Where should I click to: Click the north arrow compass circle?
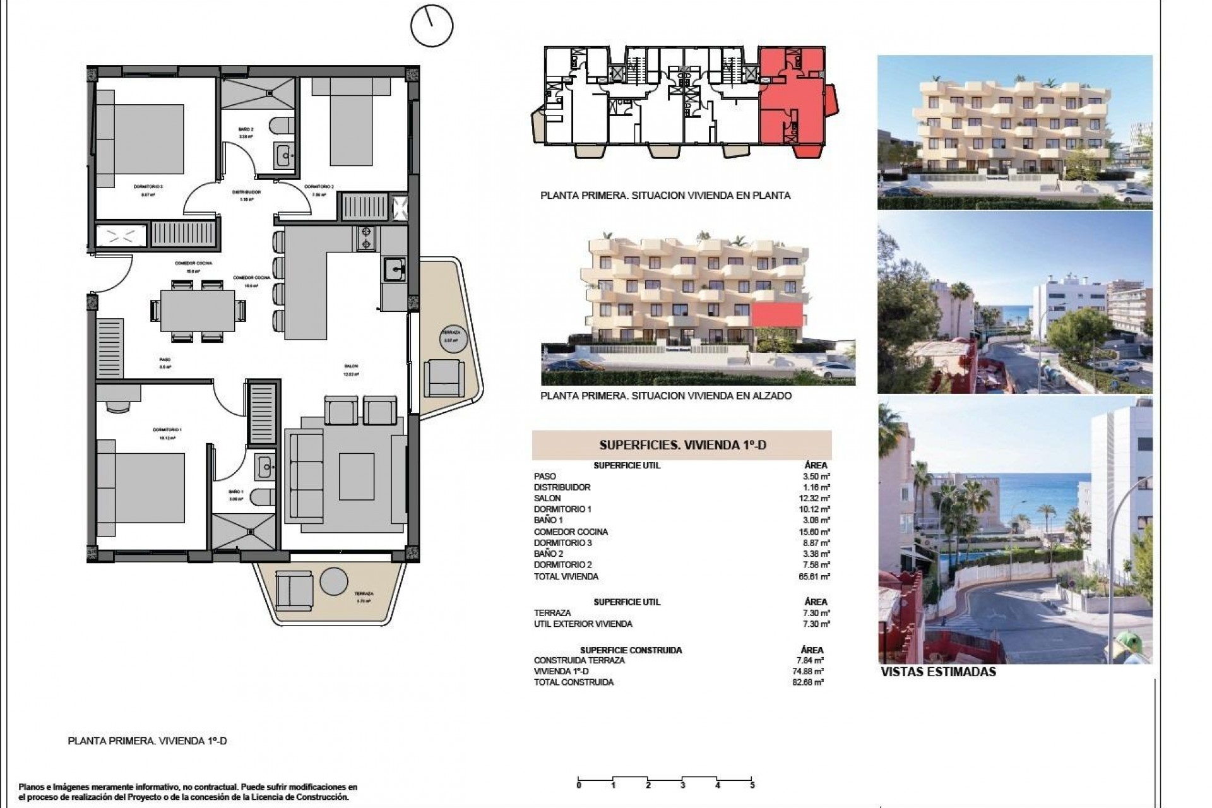pyautogui.click(x=432, y=26)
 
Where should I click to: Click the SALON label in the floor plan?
pyautogui.click(x=351, y=369)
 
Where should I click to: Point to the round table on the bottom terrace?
pyautogui.click(x=334, y=580)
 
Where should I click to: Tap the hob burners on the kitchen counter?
pyautogui.click(x=365, y=239)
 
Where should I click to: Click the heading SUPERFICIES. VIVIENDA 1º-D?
pyautogui.click(x=682, y=445)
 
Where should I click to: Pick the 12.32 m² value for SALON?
pyautogui.click(x=816, y=498)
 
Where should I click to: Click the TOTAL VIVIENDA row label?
pyautogui.click(x=566, y=576)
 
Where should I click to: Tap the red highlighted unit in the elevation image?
pyautogui.click(x=776, y=314)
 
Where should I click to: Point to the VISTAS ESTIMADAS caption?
pyautogui.click(x=938, y=672)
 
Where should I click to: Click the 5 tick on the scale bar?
pyautogui.click(x=752, y=785)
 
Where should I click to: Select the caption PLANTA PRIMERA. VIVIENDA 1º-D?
pyautogui.click(x=147, y=741)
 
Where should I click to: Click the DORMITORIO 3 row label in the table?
pyautogui.click(x=562, y=543)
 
